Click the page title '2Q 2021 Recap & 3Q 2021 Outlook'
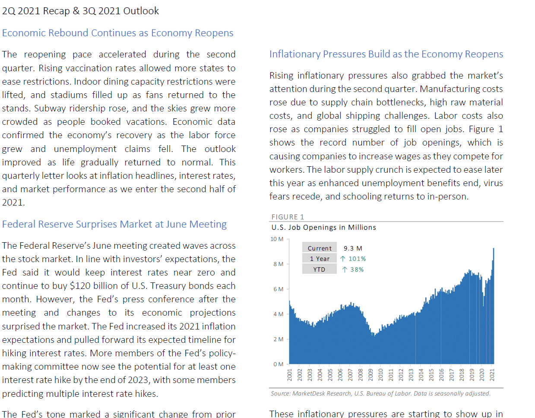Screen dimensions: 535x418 tap(80, 11)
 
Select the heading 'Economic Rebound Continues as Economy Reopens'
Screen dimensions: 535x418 tap(118, 33)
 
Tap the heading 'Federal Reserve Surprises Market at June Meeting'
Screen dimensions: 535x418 tap(114, 224)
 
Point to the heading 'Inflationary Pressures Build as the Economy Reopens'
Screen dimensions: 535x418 tap(386, 54)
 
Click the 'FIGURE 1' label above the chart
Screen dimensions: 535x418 tap(288, 217)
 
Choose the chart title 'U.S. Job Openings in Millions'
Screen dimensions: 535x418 tap(323, 228)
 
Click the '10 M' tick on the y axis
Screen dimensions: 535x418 tap(277, 239)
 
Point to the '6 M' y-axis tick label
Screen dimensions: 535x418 tap(279, 289)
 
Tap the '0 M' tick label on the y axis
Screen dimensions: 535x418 tap(279, 364)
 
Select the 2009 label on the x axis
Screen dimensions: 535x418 tap(370, 375)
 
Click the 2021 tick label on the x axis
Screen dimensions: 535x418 tap(492, 375)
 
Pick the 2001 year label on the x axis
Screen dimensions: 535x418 tap(290, 375)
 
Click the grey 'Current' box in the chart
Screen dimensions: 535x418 tap(320, 248)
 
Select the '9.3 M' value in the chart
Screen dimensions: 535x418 tap(353, 248)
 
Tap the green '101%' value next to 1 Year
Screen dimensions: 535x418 tap(357, 259)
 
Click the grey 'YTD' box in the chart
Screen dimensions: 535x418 tap(320, 269)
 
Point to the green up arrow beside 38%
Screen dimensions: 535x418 tap(345, 269)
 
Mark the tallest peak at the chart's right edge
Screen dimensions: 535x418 tap(494, 249)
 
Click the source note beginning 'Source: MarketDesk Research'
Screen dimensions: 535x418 tap(380, 393)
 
